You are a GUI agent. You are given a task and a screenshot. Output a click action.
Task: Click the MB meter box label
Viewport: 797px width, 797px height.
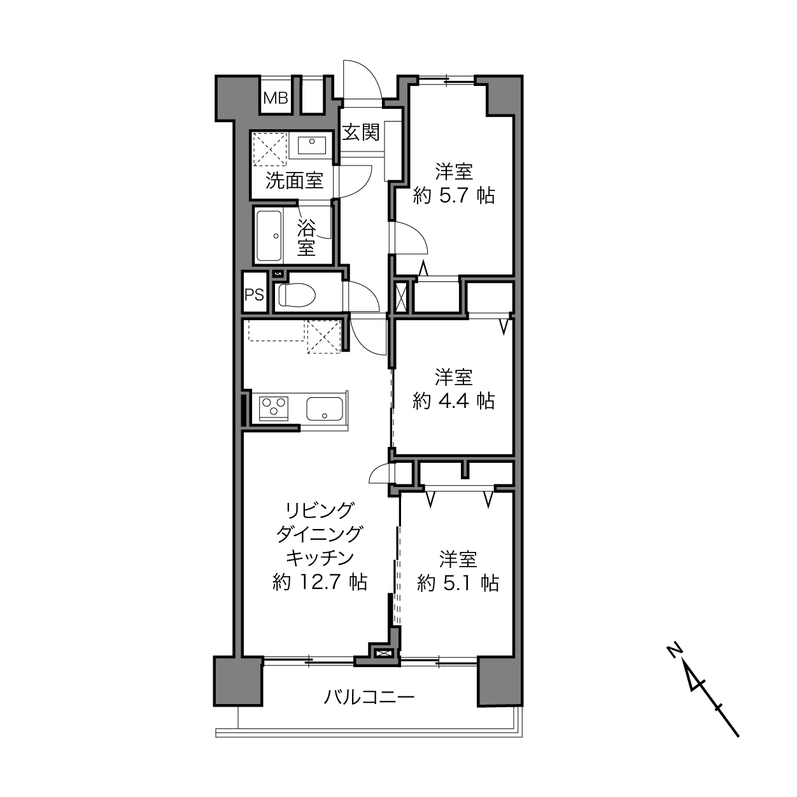[276, 99]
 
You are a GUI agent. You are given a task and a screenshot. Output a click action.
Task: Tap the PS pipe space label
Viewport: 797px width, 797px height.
[254, 295]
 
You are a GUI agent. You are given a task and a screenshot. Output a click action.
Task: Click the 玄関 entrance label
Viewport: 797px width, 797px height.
[361, 132]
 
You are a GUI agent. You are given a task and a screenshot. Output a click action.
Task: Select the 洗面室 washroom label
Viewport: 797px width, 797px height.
[294, 180]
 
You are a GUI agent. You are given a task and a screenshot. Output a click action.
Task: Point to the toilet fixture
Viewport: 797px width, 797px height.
[297, 295]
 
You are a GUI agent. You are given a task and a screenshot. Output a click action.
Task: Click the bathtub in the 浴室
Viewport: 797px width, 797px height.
[269, 236]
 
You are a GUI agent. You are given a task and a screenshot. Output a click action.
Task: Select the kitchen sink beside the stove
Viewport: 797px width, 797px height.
[324, 409]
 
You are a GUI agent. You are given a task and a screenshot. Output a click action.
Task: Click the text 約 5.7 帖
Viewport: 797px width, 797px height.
[454, 195]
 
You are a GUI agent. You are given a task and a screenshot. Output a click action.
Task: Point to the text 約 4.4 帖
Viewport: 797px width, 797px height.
[454, 401]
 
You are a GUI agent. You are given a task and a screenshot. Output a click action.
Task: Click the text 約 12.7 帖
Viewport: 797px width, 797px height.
[320, 582]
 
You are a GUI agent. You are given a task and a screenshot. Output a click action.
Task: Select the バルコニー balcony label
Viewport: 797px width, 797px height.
[369, 698]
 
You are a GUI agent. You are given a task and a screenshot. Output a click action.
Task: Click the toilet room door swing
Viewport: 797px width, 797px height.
[370, 290]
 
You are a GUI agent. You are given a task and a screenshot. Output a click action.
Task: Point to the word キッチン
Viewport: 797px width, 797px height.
[320, 558]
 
